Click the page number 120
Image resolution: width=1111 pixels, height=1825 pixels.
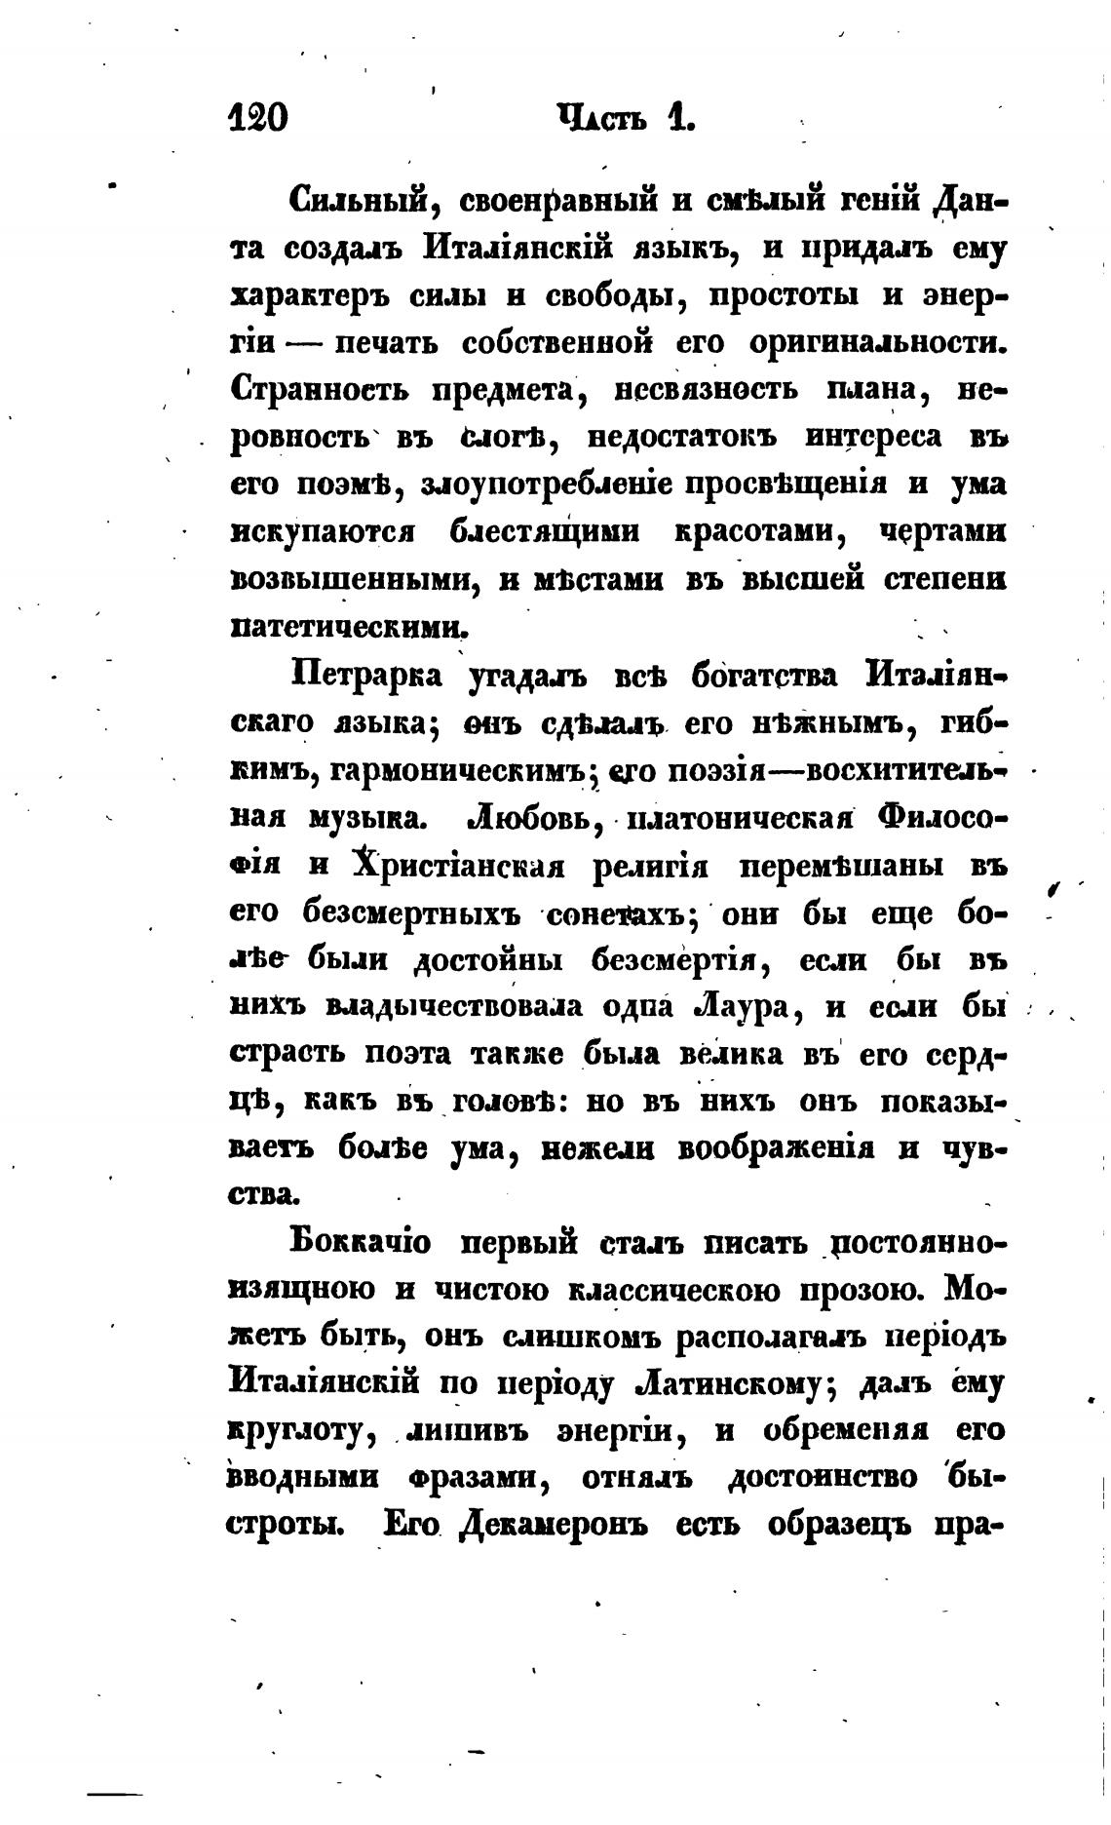(x=257, y=118)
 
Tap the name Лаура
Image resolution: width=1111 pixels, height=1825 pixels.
(x=741, y=1007)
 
